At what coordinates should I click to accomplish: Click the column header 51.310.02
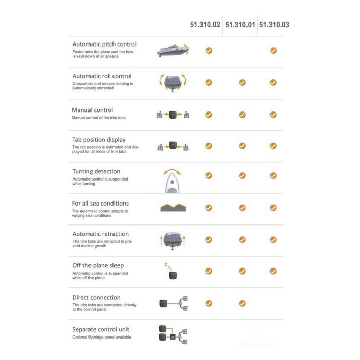205,25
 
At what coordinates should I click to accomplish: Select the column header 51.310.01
240,25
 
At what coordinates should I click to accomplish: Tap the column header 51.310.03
274,25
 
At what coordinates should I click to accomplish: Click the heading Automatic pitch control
104,44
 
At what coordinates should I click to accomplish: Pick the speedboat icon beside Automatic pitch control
173,51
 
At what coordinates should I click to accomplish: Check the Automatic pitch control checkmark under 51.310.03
273,50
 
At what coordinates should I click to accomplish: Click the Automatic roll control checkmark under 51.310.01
242,82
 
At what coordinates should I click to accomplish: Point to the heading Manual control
92,110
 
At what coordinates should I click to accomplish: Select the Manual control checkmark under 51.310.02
209,115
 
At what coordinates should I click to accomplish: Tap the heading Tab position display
99,140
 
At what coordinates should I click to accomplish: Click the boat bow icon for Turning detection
172,181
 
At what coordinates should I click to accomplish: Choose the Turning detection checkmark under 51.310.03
273,175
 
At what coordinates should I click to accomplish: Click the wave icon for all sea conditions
173,207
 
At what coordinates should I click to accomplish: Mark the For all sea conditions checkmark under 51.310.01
242,208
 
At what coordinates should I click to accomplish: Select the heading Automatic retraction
101,234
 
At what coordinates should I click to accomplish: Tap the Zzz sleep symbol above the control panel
168,266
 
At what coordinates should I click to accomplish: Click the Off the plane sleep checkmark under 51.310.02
209,271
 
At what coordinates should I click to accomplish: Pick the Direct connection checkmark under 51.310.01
242,303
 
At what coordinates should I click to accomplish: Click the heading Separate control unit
101,329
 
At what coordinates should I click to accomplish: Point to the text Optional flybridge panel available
102,337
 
